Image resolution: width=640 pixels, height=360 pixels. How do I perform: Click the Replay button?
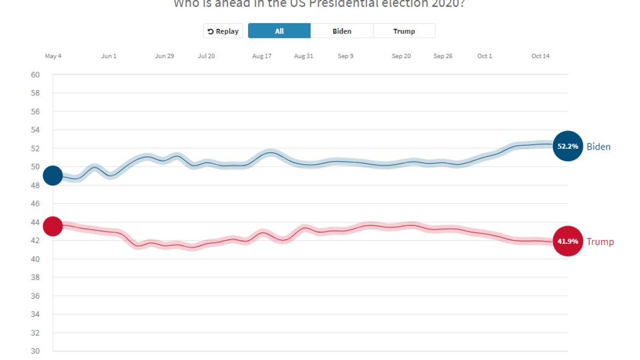pos(223,31)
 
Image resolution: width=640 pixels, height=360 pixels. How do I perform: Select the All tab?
pos(279,31)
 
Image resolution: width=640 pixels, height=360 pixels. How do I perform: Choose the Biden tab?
pos(342,31)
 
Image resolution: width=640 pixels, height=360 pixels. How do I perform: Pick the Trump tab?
pos(404,31)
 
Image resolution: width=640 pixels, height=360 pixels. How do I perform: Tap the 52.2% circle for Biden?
pos(568,146)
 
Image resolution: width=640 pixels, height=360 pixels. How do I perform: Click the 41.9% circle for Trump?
pos(568,241)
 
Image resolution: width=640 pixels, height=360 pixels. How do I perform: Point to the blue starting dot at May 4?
pos(53,175)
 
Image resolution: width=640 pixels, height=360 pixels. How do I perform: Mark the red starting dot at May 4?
pos(53,226)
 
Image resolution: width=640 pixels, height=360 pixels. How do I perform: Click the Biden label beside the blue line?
pos(598,147)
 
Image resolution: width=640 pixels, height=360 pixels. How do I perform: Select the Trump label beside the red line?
pos(600,242)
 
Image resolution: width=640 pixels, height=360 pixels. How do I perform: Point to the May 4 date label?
pos(53,56)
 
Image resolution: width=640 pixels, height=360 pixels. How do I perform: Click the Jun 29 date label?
pos(164,56)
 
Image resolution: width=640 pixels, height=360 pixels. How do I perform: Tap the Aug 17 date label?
pos(262,56)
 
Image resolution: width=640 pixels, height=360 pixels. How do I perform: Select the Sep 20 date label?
pos(401,56)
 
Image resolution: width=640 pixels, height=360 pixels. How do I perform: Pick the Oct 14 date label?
pos(540,56)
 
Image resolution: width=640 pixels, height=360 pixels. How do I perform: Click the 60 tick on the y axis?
pos(36,75)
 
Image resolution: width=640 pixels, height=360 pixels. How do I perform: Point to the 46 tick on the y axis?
pos(36,204)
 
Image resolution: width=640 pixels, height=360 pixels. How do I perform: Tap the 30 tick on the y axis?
pos(36,351)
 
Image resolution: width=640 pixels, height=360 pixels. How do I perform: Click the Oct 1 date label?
pos(485,56)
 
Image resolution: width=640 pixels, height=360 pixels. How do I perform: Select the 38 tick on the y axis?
pos(36,277)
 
